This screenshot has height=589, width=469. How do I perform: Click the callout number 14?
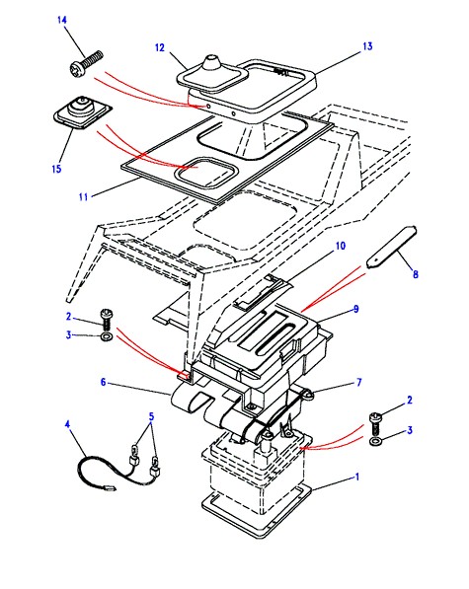pos(62,20)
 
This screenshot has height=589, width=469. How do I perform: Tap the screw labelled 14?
pos(86,63)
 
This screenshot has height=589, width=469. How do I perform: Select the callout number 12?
pos(160,47)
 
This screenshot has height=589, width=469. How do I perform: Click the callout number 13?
pos(367,46)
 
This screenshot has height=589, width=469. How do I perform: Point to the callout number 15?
pos(56,169)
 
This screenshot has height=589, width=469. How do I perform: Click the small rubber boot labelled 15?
pos(82,111)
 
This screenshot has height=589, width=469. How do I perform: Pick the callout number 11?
pos(83,196)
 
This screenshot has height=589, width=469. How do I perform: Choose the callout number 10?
pos(341,246)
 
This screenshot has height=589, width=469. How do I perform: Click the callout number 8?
pos(416,274)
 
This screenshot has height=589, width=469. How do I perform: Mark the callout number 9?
pos(355,309)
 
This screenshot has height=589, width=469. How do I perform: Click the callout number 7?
pos(358,383)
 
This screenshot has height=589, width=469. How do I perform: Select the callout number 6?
pos(104,383)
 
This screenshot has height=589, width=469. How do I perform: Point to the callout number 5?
pos(151,416)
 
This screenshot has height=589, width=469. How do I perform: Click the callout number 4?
pos(67,424)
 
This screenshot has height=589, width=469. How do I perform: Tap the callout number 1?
pos(357,477)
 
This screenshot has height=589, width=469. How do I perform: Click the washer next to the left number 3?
pos(107,336)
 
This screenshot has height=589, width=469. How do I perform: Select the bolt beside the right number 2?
pos(375,423)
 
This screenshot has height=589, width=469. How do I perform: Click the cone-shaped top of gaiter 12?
pos(211,64)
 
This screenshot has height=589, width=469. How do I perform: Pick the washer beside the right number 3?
pos(375,441)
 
